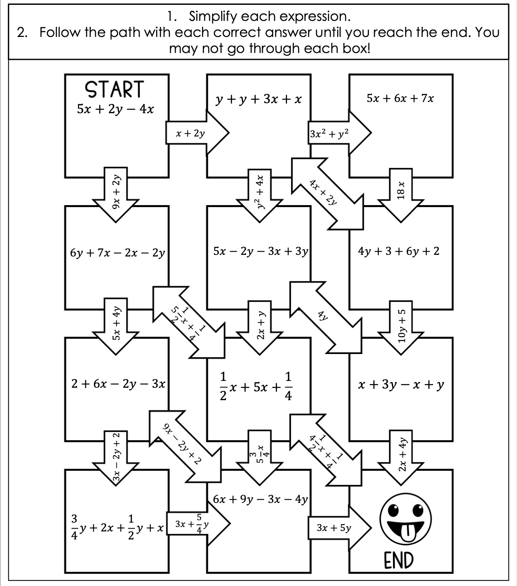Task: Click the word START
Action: point(114,90)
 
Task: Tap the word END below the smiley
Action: point(398,560)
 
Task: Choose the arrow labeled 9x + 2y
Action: point(116,192)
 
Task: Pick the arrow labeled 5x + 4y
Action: point(116,324)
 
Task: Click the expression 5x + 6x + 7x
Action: point(400,99)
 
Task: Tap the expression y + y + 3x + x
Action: point(258,99)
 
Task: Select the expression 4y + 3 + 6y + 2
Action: point(399,251)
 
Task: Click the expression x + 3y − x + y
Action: point(401,385)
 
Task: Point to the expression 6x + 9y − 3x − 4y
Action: point(260,499)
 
